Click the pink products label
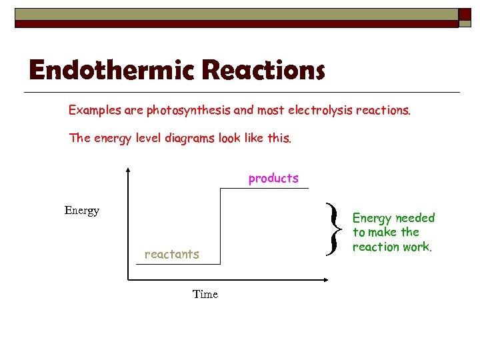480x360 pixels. [x=273, y=178]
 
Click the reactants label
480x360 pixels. [x=171, y=254]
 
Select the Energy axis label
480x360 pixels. [x=81, y=211]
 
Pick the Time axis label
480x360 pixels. [x=205, y=294]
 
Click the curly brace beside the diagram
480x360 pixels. [x=333, y=228]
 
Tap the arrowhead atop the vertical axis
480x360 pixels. [x=126, y=171]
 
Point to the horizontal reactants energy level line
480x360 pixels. [x=177, y=264]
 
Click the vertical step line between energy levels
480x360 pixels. [x=221, y=227]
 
